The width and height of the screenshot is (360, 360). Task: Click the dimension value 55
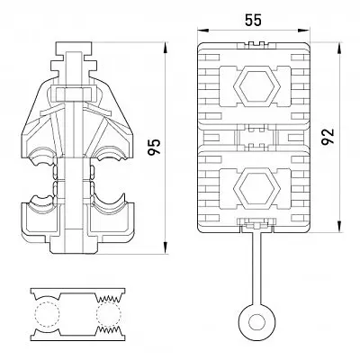[x=254, y=20]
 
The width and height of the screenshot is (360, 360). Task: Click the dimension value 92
[x=328, y=137]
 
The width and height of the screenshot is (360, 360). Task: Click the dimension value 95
[x=154, y=147]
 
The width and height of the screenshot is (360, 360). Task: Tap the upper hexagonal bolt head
[x=256, y=86]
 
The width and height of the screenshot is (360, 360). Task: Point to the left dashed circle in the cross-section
[x=47, y=314]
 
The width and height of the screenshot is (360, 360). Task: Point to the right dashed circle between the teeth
[x=109, y=314]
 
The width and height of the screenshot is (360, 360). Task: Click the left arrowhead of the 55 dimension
[x=202, y=30]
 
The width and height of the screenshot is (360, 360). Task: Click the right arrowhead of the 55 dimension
[x=303, y=30]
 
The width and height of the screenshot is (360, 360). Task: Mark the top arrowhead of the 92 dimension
[x=339, y=48]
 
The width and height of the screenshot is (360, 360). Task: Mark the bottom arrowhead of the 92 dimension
[x=339, y=227]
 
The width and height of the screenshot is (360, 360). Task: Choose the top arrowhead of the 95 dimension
[x=165, y=48]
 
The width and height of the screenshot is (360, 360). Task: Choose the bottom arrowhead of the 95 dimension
[x=165, y=248]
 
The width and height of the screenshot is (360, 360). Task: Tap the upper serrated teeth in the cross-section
[x=109, y=298]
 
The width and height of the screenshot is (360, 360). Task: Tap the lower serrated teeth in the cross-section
[x=109, y=331]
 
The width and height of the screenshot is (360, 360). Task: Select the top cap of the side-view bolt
[x=74, y=48]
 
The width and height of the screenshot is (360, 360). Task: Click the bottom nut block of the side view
[x=74, y=246]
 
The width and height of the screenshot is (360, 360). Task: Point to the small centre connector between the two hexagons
[x=256, y=138]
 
